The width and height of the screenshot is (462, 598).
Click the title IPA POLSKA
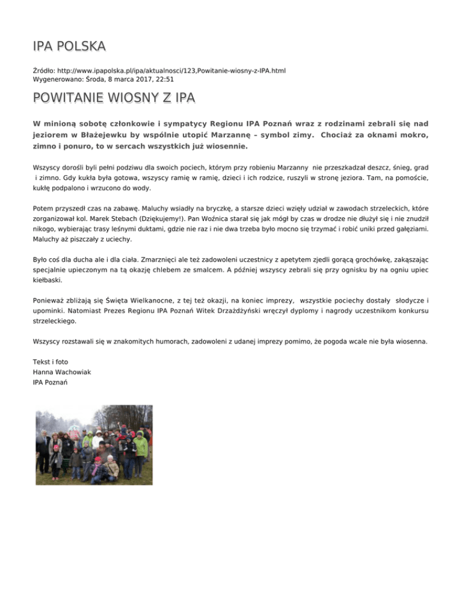click(69, 46)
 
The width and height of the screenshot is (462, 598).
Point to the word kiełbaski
click(48, 280)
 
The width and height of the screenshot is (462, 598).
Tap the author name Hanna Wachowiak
click(62, 372)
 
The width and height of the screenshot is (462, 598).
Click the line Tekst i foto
click(51, 362)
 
